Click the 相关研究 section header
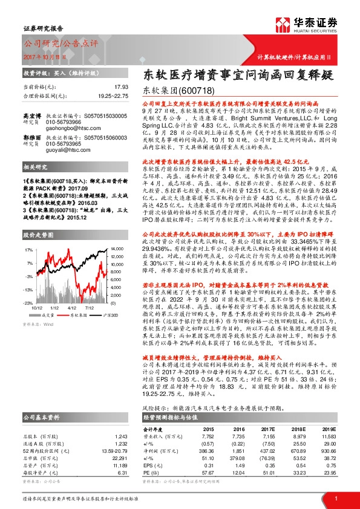point(36,183)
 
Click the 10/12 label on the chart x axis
point(36,308)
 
